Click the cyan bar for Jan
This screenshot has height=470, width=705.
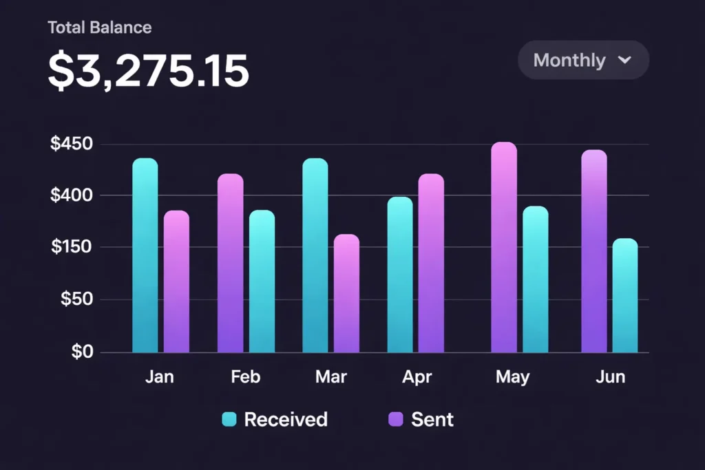pos(145,255)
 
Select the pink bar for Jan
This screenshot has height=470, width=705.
pos(176,281)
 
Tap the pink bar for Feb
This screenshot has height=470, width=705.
pos(230,263)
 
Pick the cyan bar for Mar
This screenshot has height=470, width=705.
pos(315,255)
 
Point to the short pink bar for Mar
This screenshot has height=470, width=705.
pos(346,293)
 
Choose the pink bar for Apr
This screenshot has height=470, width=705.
pos(431,263)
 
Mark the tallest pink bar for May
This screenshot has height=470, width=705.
pos(504,247)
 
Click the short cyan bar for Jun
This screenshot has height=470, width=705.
pos(625,295)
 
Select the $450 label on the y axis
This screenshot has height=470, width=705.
pos(72,145)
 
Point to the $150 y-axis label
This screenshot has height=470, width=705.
pos(72,247)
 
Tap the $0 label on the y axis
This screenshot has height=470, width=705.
pos(82,352)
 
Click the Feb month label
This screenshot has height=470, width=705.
pos(246,377)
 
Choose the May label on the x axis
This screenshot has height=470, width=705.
pos(513,377)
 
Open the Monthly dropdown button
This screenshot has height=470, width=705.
pos(583,60)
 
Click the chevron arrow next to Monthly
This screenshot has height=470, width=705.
pos(624,60)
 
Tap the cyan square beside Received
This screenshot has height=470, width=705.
pos(229,419)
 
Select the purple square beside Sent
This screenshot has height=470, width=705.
pos(396,419)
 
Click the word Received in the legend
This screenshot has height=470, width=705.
pos(286,419)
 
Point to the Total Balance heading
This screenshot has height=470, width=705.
pos(100,28)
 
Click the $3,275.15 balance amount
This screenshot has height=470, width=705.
pos(148,71)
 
